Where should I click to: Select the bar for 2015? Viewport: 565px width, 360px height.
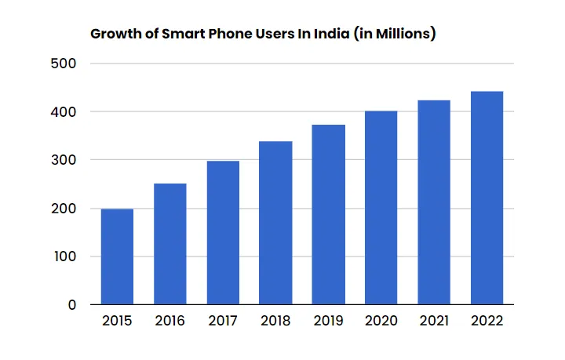(x=117, y=256)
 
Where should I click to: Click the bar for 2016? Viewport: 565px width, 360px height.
(x=169, y=244)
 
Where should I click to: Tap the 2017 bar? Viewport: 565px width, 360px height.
(x=223, y=233)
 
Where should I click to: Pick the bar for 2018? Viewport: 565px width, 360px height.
(x=275, y=223)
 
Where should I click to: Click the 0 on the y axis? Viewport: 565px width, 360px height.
(x=71, y=305)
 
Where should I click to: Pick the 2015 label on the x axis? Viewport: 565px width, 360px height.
(x=117, y=322)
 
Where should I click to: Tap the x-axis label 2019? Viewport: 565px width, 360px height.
(x=328, y=322)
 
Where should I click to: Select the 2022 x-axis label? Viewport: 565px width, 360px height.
(x=487, y=322)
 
